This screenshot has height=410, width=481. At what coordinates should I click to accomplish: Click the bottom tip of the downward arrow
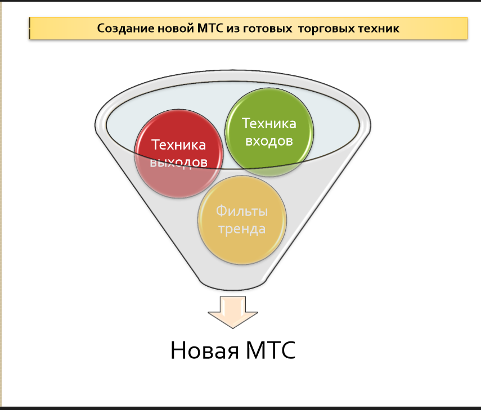[233, 328]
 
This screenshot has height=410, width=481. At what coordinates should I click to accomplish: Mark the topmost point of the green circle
[269, 88]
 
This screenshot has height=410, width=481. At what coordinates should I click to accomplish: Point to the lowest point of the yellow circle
[242, 264]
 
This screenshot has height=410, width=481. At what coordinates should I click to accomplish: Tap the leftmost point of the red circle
[134, 154]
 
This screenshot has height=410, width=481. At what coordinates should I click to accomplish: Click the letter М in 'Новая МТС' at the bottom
[256, 350]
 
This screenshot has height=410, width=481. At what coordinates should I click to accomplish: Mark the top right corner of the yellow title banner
[467, 17]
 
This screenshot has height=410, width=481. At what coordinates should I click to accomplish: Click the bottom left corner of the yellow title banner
[29, 39]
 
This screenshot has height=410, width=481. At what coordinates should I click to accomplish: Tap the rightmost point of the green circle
[314, 133]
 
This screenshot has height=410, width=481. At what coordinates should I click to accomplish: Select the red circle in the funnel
[179, 154]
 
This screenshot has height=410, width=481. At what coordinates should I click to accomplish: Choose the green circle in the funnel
[269, 133]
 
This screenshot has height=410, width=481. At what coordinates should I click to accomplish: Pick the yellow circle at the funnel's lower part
[242, 220]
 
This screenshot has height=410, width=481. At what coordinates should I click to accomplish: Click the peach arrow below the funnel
[233, 312]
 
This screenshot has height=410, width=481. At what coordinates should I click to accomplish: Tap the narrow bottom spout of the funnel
[232, 282]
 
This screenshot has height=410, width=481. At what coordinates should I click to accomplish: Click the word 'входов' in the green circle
[269, 141]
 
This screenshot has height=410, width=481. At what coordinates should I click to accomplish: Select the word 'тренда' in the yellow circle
[242, 229]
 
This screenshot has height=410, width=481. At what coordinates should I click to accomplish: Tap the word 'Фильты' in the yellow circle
[242, 211]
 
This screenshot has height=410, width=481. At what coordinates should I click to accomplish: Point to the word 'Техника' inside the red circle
[178, 145]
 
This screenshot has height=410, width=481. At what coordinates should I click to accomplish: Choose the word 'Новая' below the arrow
[205, 350]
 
